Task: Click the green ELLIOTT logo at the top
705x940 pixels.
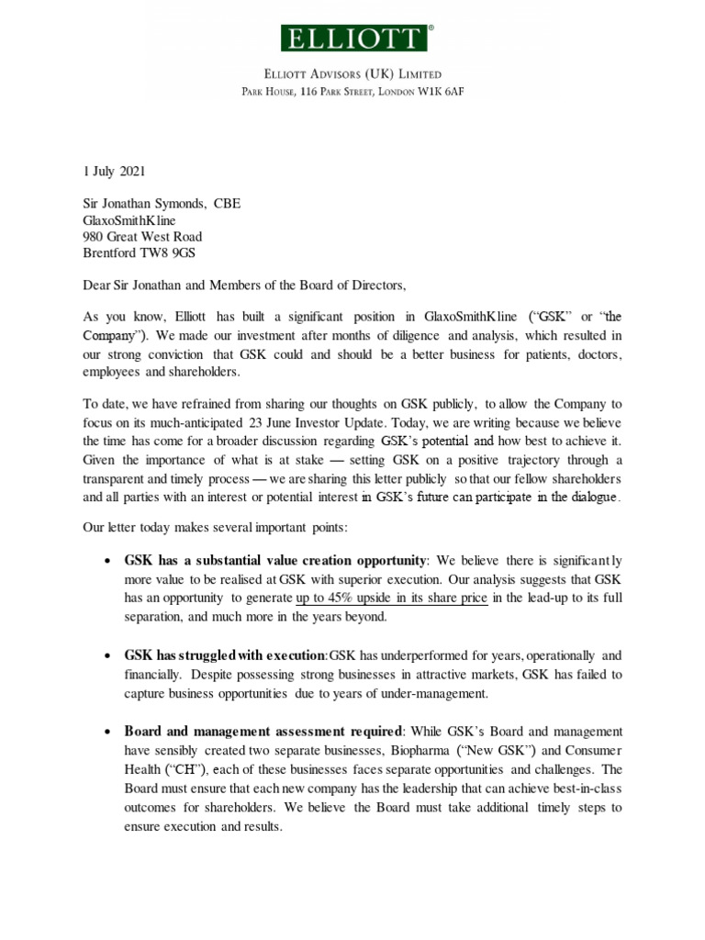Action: pyautogui.click(x=352, y=39)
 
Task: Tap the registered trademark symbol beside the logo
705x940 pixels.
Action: pyautogui.click(x=431, y=28)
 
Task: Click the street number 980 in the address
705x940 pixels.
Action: pyautogui.click(x=95, y=238)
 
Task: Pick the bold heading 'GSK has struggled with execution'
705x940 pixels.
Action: pyautogui.click(x=225, y=655)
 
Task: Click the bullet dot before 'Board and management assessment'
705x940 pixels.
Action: pyautogui.click(x=109, y=733)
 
